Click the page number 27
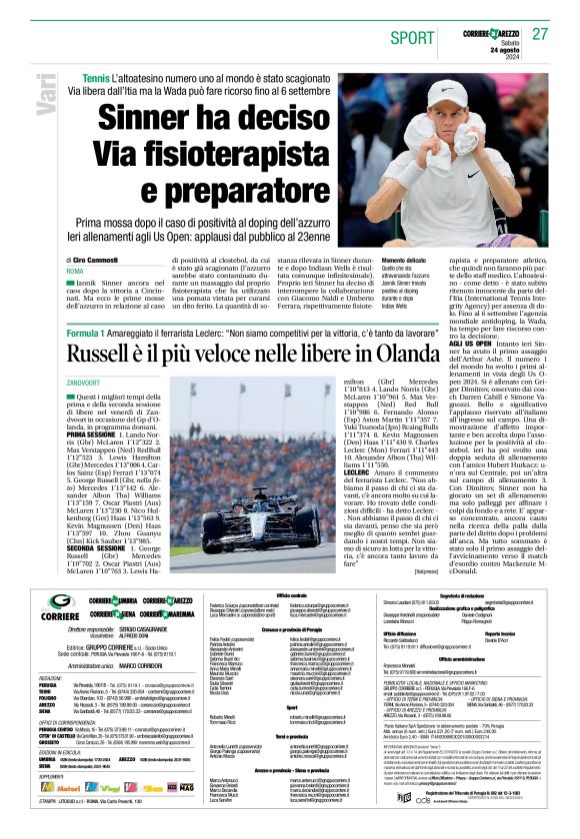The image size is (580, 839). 541,33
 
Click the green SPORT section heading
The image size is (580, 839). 406,36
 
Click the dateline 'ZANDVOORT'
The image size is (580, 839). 87,383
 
